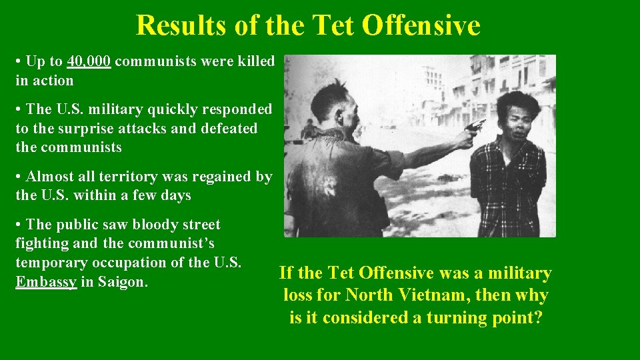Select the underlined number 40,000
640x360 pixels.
click(89, 62)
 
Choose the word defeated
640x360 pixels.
click(225, 129)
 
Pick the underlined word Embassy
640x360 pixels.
click(45, 282)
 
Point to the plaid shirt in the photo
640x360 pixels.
click(508, 187)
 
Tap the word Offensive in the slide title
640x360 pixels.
click(421, 25)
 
